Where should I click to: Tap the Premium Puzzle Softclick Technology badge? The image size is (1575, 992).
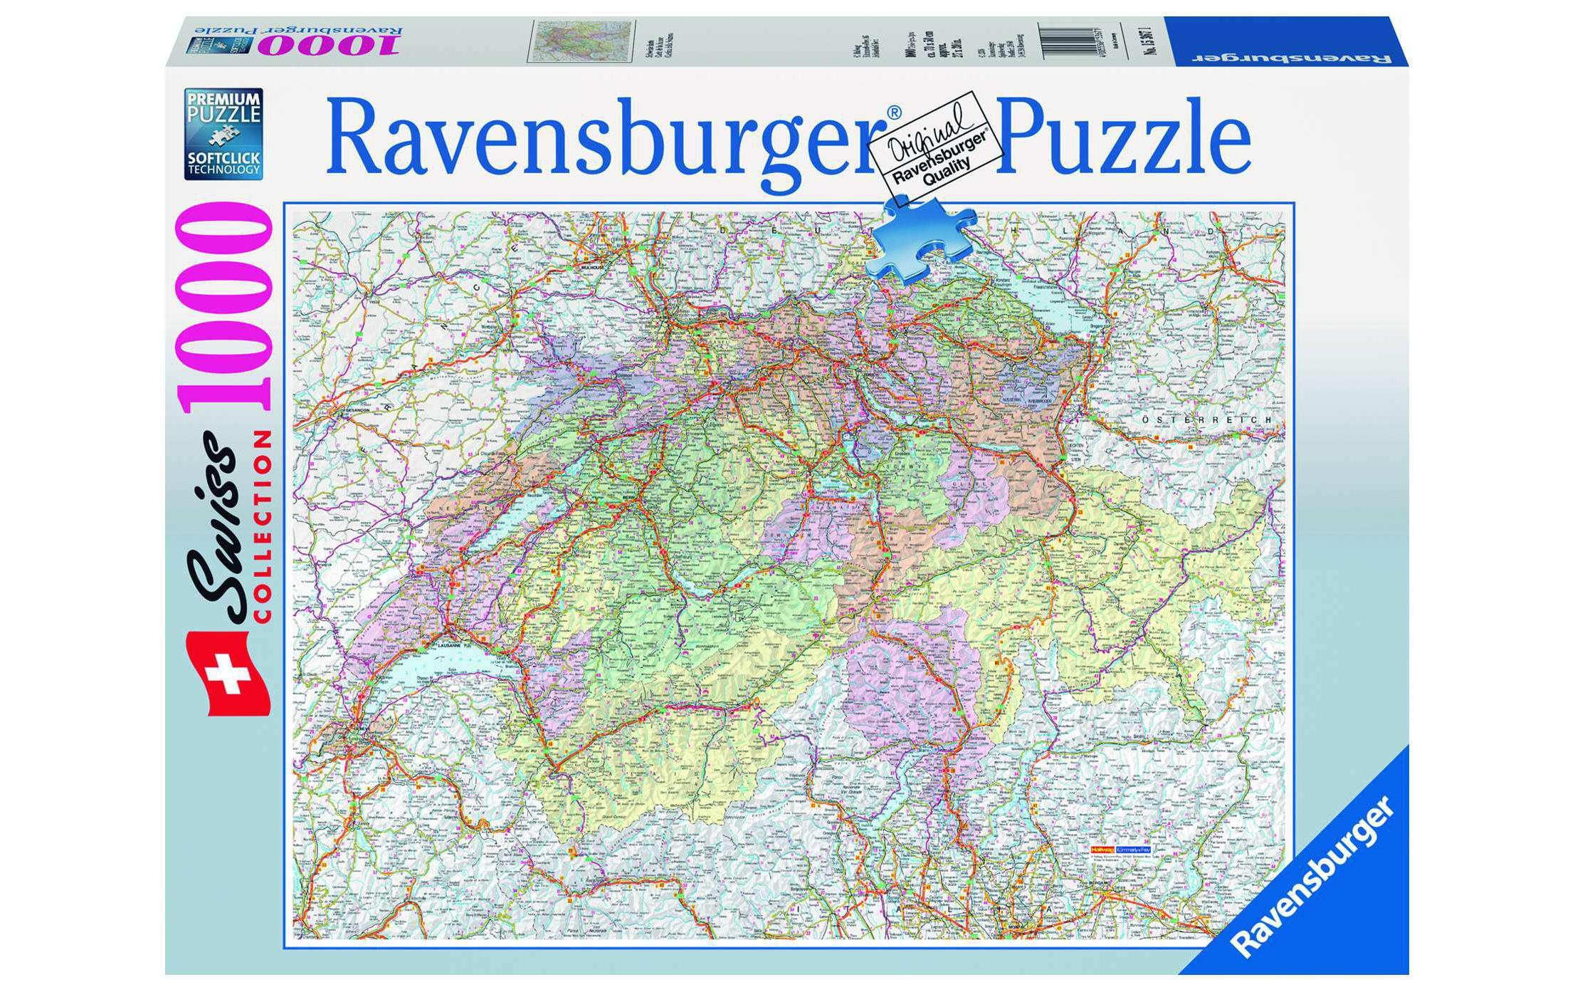pos(223,134)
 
